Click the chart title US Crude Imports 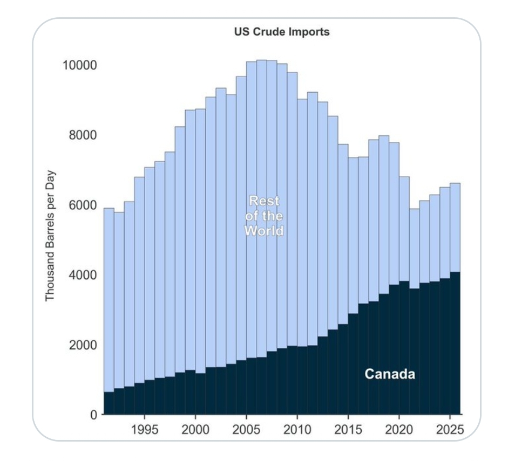281,32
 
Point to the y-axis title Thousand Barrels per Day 50,237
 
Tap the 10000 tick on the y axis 79,65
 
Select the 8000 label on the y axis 82,135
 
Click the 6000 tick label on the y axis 82,205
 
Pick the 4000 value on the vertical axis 82,275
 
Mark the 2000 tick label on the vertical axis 82,345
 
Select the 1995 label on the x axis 144,431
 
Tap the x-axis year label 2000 195,431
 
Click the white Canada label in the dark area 390,374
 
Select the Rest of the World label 264,216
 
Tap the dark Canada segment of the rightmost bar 455,345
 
